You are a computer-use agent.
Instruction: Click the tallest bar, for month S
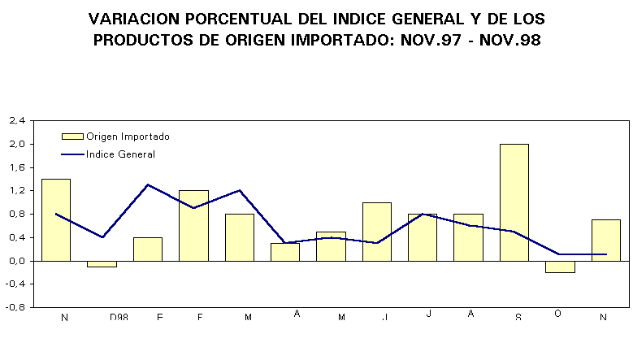pyautogui.click(x=514, y=202)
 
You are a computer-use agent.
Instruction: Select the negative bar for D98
pyautogui.click(x=102, y=264)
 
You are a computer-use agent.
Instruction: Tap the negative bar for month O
pyautogui.click(x=560, y=267)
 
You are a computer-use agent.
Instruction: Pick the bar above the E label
pyautogui.click(x=147, y=249)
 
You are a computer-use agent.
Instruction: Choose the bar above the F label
pyautogui.click(x=193, y=225)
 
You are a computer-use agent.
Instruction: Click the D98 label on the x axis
pyautogui.click(x=119, y=317)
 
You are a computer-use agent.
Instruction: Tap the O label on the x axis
pyautogui.click(x=557, y=314)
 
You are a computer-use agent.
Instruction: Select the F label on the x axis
pyautogui.click(x=201, y=317)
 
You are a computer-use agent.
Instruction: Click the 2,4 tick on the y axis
pyautogui.click(x=17, y=121)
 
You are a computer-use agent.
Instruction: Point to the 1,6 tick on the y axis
pyautogui.click(x=17, y=167)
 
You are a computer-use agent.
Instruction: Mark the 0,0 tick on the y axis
pyautogui.click(x=17, y=261)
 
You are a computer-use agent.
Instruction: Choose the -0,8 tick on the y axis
pyautogui.click(x=16, y=307)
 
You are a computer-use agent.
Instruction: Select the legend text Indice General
pyautogui.click(x=120, y=154)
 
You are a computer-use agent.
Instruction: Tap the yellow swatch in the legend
pyautogui.click(x=72, y=137)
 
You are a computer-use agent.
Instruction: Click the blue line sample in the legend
pyautogui.click(x=72, y=154)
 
